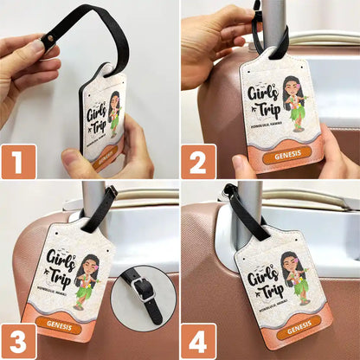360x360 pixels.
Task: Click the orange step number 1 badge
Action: click(18, 161)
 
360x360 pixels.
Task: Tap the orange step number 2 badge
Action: click(198, 161)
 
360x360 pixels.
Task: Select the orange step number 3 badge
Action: click(18, 341)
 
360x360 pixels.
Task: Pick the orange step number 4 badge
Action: click(198, 341)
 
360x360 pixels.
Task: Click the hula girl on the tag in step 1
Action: click(113, 113)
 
